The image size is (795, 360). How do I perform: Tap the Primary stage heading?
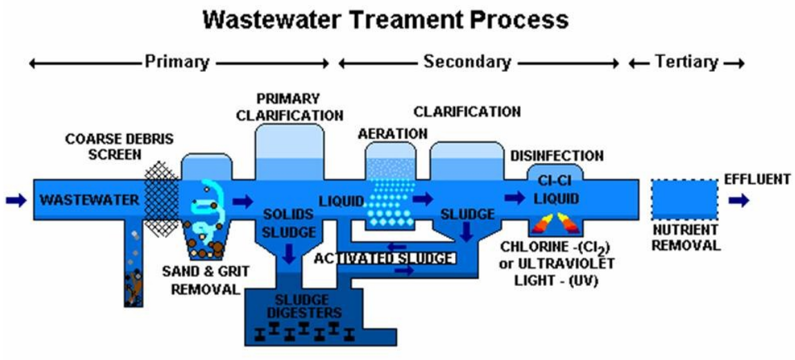(176, 62)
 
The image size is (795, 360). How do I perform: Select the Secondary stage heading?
(467, 62)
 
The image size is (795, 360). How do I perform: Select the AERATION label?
(392, 133)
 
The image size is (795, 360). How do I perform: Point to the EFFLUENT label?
(756, 180)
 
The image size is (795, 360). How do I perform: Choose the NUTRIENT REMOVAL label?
(685, 237)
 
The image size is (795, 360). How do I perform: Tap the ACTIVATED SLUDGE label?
(384, 258)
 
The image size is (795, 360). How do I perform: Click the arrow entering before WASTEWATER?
(15, 200)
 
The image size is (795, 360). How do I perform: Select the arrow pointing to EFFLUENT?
(738, 200)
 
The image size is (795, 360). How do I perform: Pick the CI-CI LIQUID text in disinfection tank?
(555, 189)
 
